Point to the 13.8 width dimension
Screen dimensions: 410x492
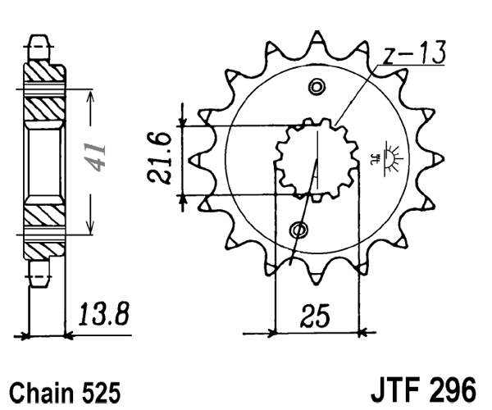point(104,314)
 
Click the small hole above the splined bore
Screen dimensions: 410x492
point(317,88)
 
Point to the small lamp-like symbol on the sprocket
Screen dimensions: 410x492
point(386,153)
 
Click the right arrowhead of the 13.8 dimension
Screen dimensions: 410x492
point(69,335)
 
